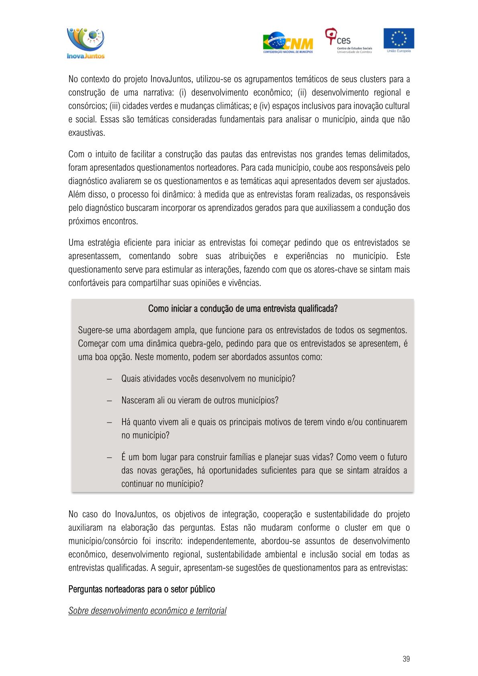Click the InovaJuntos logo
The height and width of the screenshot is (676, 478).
pyautogui.click(x=86, y=43)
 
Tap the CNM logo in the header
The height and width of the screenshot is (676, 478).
pyautogui.click(x=288, y=43)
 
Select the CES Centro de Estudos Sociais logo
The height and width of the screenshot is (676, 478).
pyautogui.click(x=348, y=41)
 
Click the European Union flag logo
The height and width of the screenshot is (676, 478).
pyautogui.click(x=398, y=40)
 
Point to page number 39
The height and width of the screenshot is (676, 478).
pyautogui.click(x=406, y=659)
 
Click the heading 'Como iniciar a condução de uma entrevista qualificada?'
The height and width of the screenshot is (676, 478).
pyautogui.click(x=243, y=308)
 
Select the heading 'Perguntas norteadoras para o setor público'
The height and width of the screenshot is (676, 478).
pyautogui.click(x=141, y=589)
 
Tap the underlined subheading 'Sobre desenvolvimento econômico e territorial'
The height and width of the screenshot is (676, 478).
pyautogui.click(x=147, y=611)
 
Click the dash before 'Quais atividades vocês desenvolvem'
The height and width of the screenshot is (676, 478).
pyautogui.click(x=109, y=379)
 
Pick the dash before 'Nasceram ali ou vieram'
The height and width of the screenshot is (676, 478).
pyautogui.click(x=109, y=400)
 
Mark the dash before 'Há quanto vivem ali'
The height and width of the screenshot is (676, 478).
pyautogui.click(x=109, y=422)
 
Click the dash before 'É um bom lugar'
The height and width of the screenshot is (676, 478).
pyautogui.click(x=109, y=457)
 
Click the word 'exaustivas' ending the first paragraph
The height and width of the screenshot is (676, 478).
pyautogui.click(x=86, y=133)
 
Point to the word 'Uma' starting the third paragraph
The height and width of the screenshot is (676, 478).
pyautogui.click(x=76, y=243)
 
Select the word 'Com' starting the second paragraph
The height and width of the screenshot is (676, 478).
pyautogui.click(x=76, y=154)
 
